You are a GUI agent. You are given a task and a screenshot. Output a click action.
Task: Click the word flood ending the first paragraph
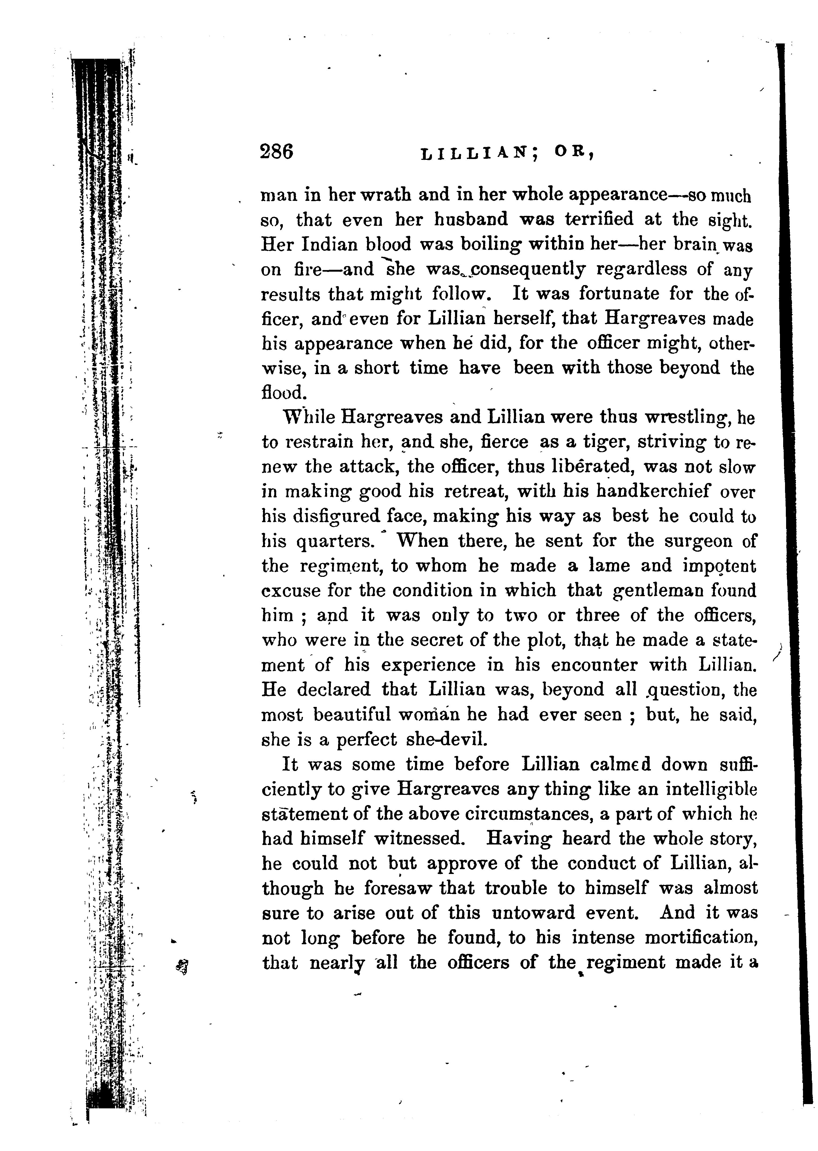(x=283, y=392)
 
